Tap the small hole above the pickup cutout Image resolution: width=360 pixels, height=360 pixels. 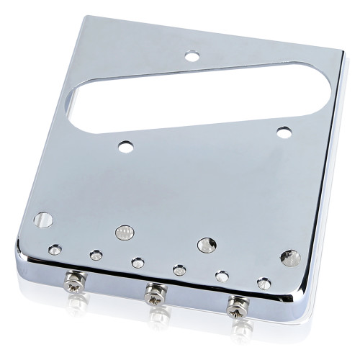tap(192, 55)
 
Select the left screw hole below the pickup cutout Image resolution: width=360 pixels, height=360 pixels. tap(127, 147)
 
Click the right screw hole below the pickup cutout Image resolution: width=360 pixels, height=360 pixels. tap(284, 132)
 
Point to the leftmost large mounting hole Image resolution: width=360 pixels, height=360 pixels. tap(43, 220)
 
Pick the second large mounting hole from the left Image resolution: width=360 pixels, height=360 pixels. tap(123, 233)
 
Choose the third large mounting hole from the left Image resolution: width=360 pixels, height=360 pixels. tap(207, 245)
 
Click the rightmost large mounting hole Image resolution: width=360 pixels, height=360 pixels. tap(290, 257)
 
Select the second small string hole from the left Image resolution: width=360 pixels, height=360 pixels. tap(96, 255)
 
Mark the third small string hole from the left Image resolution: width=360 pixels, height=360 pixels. tap(138, 263)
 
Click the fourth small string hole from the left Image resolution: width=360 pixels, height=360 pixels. tap(179, 270)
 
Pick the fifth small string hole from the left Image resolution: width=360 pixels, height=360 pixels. tap(222, 276)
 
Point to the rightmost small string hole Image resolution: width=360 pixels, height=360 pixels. tap(264, 283)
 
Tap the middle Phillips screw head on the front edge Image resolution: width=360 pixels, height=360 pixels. tap(153, 292)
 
